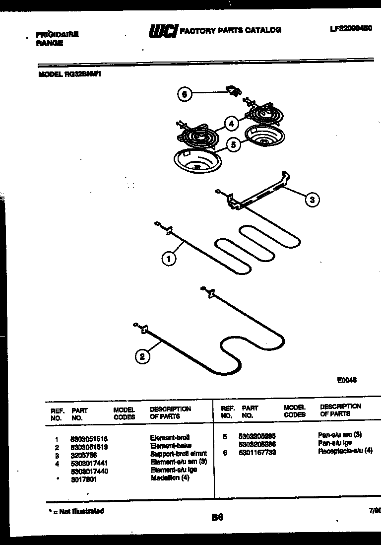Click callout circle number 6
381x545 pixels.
point(185,94)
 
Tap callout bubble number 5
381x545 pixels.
point(233,144)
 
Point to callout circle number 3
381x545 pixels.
point(312,200)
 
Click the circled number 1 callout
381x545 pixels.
point(169,258)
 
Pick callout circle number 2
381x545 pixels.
point(142,356)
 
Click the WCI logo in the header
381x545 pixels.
point(163,31)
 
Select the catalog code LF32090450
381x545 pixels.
point(350,29)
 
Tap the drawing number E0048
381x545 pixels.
point(347,381)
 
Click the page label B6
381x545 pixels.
point(217,517)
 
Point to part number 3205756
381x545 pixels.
point(83,454)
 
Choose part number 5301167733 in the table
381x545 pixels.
point(257,452)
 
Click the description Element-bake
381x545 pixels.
point(171,446)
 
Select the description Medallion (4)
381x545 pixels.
point(170,478)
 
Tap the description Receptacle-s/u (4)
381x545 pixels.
point(345,451)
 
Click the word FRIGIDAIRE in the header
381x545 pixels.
point(58,35)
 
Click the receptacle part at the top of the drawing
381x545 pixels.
point(232,90)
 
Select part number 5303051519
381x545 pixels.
point(90,446)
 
